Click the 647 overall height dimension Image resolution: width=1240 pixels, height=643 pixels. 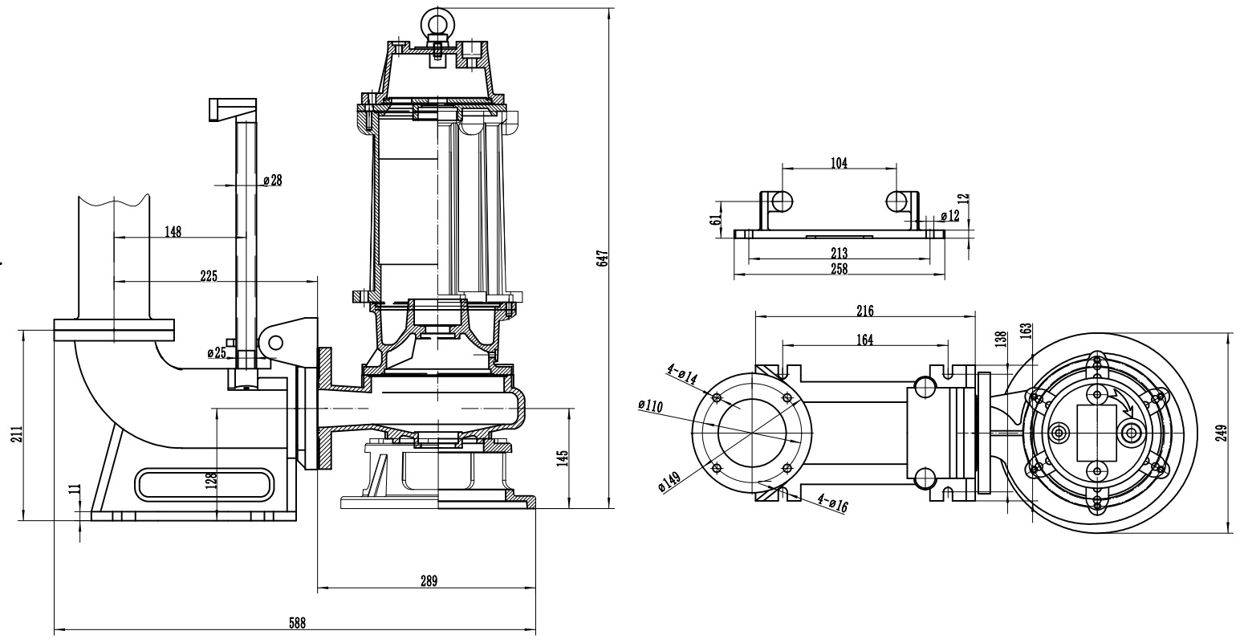pos(604,258)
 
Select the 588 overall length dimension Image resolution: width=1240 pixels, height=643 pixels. pos(295,622)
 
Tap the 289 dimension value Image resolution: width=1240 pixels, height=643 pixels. pos(428,581)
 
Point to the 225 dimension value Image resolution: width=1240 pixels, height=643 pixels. pos(209,275)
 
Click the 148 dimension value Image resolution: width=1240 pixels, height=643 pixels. pos(173,231)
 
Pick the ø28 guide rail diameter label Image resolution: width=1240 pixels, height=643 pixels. pos(273,181)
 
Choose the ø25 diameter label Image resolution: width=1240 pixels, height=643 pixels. pos(216,352)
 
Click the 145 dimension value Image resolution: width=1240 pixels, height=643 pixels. pos(563,458)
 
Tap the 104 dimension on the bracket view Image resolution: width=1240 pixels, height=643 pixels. pos(839,162)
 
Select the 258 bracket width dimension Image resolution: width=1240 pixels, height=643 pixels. pos(838,269)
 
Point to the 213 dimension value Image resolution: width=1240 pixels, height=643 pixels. pos(839,253)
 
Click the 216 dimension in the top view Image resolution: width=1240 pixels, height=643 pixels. pos(864,310)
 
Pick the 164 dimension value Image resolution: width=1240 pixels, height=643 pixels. pos(864,339)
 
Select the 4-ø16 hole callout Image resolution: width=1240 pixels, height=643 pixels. pos(831,503)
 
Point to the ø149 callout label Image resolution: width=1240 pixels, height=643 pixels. pos(670,481)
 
